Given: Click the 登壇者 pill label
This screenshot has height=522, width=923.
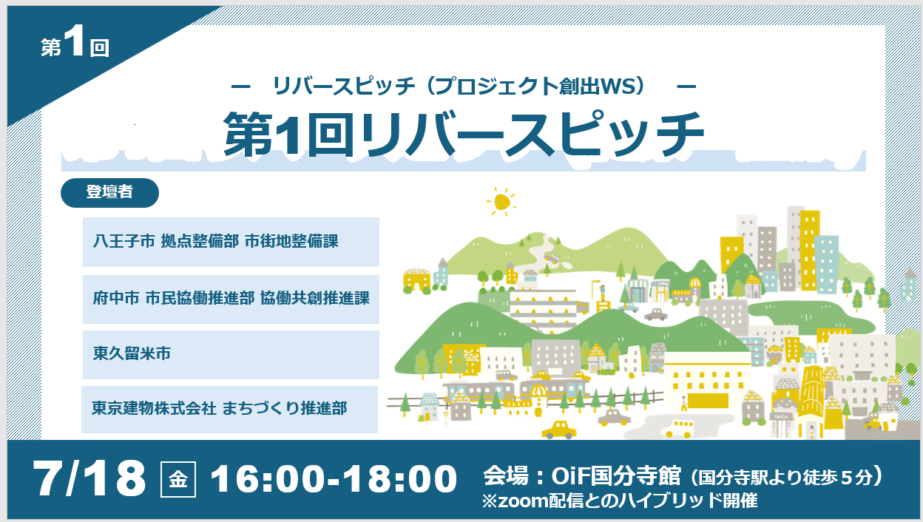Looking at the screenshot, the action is tap(109, 193).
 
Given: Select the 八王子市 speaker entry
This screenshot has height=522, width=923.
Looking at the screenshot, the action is tap(231, 242).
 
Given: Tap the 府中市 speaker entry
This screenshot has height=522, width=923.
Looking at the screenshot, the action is tap(231, 299).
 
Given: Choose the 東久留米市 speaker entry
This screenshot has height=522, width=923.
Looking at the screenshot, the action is tap(231, 355).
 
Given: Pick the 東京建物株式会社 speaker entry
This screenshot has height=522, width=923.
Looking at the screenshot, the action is tap(229, 410).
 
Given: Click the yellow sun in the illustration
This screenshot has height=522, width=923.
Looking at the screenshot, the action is tap(501, 202).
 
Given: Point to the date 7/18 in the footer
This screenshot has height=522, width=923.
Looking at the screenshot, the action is tap(89, 478).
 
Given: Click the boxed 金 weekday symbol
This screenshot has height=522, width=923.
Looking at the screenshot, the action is tap(178, 480).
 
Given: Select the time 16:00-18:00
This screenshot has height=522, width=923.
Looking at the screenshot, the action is tap(334, 478).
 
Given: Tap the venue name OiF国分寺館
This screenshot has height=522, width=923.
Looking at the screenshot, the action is tap(615, 476).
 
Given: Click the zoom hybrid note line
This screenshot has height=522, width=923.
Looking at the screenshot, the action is tap(619, 501).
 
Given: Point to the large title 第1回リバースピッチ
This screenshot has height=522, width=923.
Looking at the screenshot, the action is tap(464, 135).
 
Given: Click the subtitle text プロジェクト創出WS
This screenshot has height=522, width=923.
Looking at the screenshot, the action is tap(532, 86).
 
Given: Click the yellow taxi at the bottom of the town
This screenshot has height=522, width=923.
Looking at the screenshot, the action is tap(558, 430).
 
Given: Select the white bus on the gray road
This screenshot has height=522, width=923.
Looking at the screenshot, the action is tap(677, 429).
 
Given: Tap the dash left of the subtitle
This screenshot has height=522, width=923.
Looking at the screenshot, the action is tap(241, 87).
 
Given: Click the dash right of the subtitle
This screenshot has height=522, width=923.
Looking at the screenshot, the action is tap(686, 87).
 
